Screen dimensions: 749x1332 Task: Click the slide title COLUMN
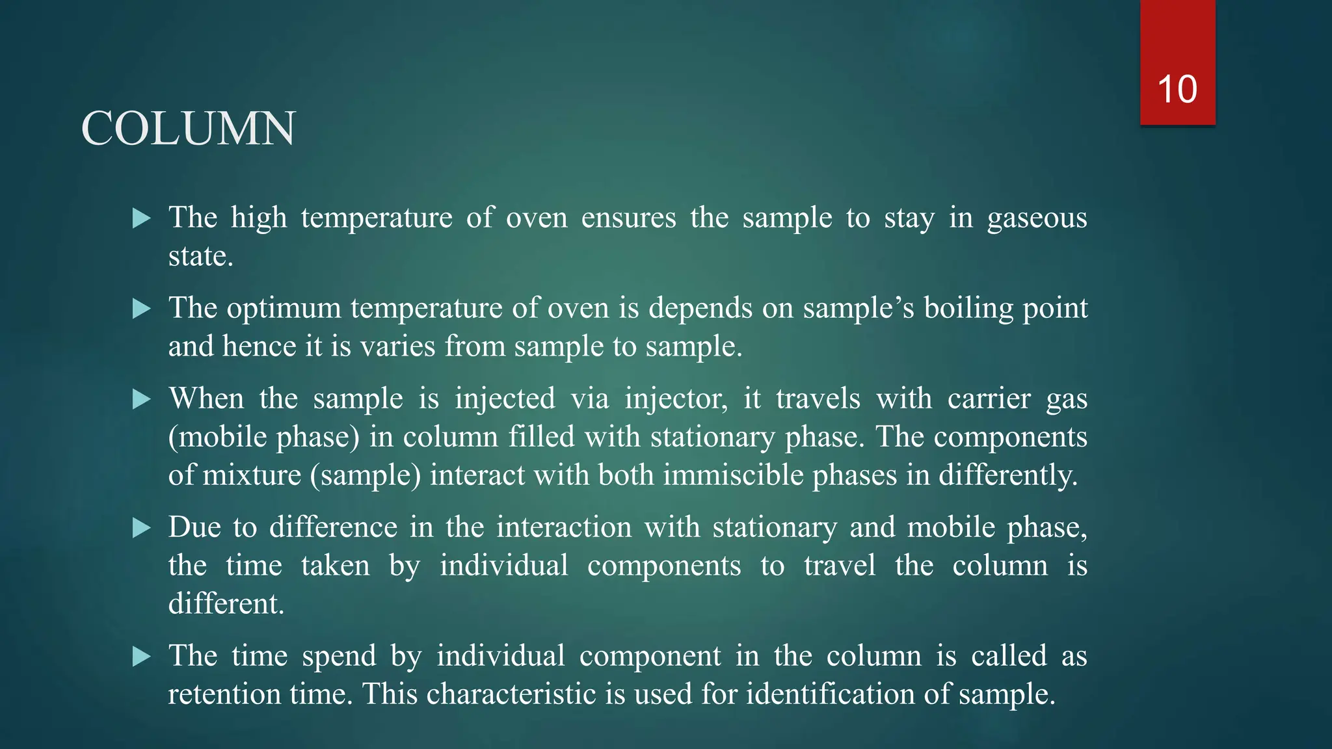pyautogui.click(x=188, y=129)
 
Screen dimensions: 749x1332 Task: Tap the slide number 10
pyautogui.click(x=1177, y=89)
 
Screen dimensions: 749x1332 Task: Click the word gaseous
pyautogui.click(x=1037, y=218)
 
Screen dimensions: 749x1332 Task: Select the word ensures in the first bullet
pyautogui.click(x=628, y=217)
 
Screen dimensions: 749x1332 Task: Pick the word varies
pyautogui.click(x=397, y=346)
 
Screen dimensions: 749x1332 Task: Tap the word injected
pyautogui.click(x=505, y=398)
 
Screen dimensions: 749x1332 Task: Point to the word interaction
pyautogui.click(x=564, y=527)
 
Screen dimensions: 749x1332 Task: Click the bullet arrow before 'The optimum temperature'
pyautogui.click(x=141, y=309)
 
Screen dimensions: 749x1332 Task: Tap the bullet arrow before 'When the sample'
pyautogui.click(x=141, y=399)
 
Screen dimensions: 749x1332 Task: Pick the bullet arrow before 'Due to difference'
pyautogui.click(x=141, y=527)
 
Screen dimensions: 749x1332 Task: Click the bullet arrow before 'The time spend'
pyautogui.click(x=141, y=656)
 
